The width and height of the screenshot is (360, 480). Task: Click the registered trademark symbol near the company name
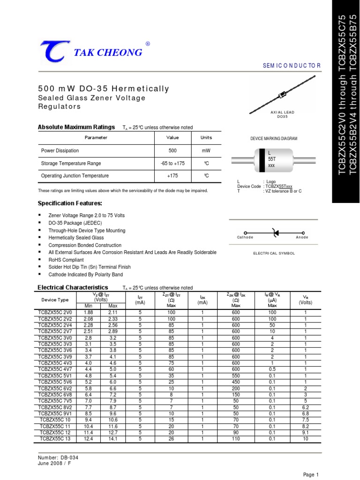[148, 44]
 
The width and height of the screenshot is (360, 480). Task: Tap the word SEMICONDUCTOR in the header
[292, 66]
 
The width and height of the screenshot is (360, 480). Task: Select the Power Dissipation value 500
[172, 150]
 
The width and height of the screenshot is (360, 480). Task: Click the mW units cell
[206, 150]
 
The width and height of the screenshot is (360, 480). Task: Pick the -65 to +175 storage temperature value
[172, 163]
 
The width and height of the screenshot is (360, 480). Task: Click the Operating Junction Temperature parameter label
[75, 176]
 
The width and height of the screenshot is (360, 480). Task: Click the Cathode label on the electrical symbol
[245, 238]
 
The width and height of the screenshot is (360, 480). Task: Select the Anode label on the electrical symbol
[302, 238]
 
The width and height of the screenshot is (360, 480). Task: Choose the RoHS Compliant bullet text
[66, 260]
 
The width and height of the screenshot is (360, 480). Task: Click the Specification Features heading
[69, 203]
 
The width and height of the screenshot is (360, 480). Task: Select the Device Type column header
[55, 300]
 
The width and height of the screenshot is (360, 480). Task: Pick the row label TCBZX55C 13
[55, 438]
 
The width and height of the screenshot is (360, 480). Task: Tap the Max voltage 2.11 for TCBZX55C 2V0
[112, 312]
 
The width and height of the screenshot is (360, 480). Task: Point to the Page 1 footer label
[311, 475]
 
